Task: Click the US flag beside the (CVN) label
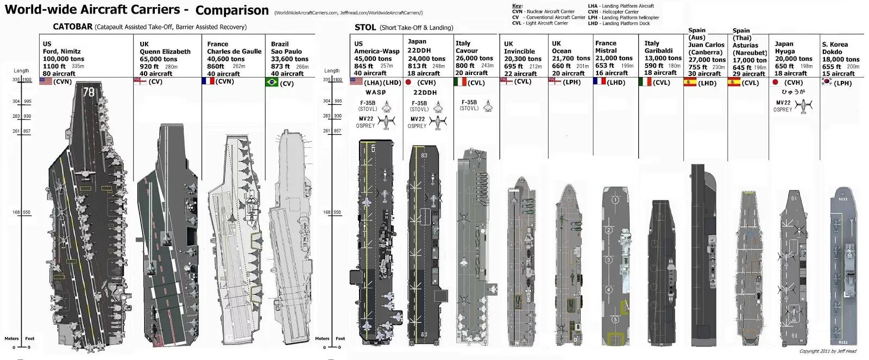(46, 81)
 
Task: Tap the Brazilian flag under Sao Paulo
(272, 82)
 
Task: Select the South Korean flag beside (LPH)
(827, 82)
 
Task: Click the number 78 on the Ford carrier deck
(89, 92)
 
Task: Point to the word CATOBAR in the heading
(73, 27)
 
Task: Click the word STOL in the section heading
(365, 27)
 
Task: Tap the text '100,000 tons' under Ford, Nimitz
(64, 59)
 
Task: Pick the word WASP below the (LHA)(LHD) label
(376, 92)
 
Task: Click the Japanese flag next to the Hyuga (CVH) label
(775, 83)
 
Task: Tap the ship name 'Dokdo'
(832, 52)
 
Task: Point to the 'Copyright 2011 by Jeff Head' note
(828, 351)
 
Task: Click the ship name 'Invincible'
(519, 52)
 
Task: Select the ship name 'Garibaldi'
(658, 50)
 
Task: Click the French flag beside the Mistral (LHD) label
(599, 81)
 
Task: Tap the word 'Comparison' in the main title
(232, 10)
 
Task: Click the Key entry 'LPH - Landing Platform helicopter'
(623, 17)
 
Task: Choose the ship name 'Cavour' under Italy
(467, 50)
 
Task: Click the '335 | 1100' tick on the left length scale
(22, 80)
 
